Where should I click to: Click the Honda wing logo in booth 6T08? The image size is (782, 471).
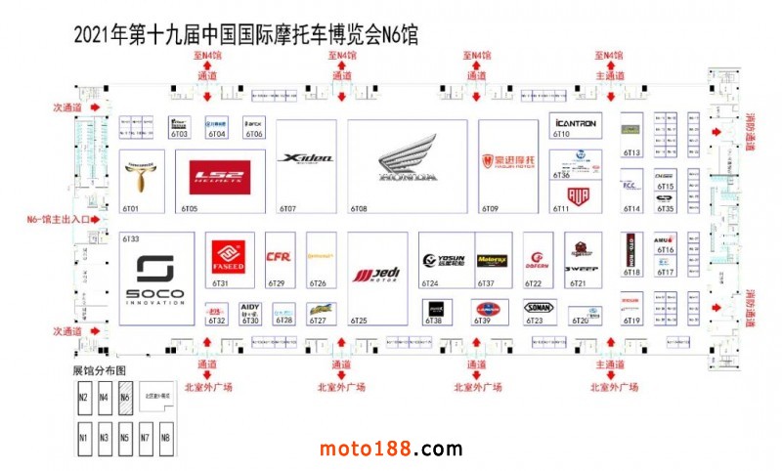(408, 161)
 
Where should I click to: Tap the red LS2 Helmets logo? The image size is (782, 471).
(221, 176)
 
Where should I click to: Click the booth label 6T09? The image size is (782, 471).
(490, 209)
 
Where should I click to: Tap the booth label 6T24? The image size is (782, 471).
(430, 283)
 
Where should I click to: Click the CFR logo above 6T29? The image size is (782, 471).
(280, 258)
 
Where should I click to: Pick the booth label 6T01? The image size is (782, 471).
(130, 209)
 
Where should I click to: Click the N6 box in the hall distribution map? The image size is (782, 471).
(125, 398)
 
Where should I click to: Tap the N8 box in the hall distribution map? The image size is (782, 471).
(165, 437)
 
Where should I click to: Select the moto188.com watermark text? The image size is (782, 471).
(391, 450)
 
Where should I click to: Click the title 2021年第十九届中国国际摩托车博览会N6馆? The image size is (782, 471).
(245, 35)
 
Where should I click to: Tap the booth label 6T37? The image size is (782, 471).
(487, 283)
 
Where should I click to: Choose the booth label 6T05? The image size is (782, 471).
(190, 209)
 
